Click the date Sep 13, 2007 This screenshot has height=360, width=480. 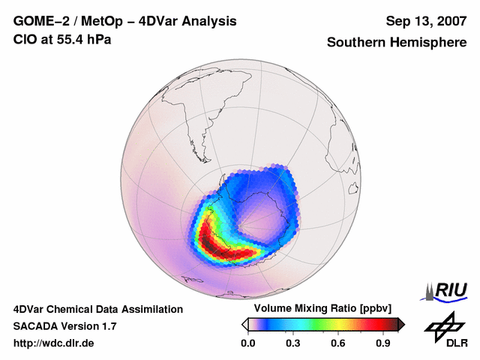pyautogui.click(x=425, y=21)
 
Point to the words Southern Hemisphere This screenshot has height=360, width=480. pyautogui.click(x=396, y=43)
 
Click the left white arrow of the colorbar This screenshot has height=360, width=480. pyautogui.click(x=244, y=324)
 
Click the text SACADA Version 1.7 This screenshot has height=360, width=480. pyautogui.click(x=64, y=326)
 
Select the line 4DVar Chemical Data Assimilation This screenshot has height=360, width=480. pyautogui.click(x=97, y=309)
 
